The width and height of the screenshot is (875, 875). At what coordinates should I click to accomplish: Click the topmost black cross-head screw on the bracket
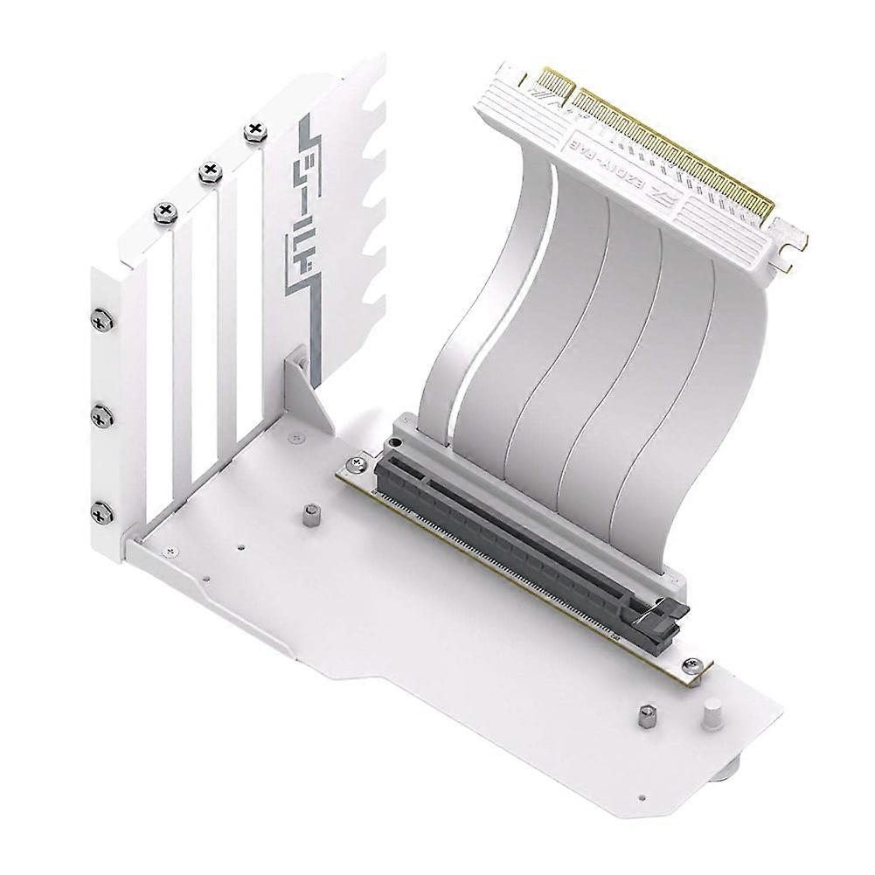point(254,132)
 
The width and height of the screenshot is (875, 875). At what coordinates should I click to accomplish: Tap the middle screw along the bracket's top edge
point(210,171)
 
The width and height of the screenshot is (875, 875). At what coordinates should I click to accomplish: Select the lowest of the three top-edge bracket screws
point(165,211)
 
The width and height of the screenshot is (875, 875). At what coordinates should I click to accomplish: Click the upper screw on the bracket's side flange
point(102,321)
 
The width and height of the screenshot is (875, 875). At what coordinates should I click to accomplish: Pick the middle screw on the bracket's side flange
point(102,416)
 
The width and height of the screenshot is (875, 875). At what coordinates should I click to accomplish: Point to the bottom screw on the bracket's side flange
point(102,511)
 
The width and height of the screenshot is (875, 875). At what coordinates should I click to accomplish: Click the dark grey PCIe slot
point(516,533)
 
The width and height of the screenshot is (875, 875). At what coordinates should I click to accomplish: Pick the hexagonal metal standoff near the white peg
point(647,717)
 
